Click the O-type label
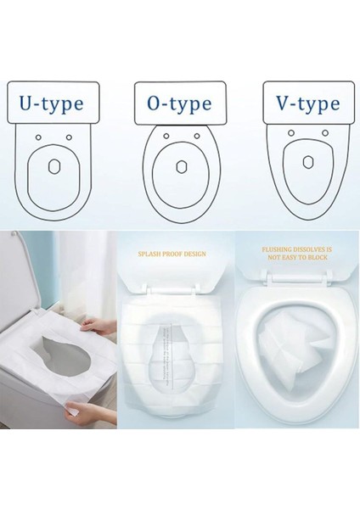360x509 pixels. tap(180, 104)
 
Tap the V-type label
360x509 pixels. tap(307, 104)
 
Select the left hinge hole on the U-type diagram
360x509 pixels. tap(39, 138)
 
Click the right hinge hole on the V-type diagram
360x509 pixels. tap(323, 135)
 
